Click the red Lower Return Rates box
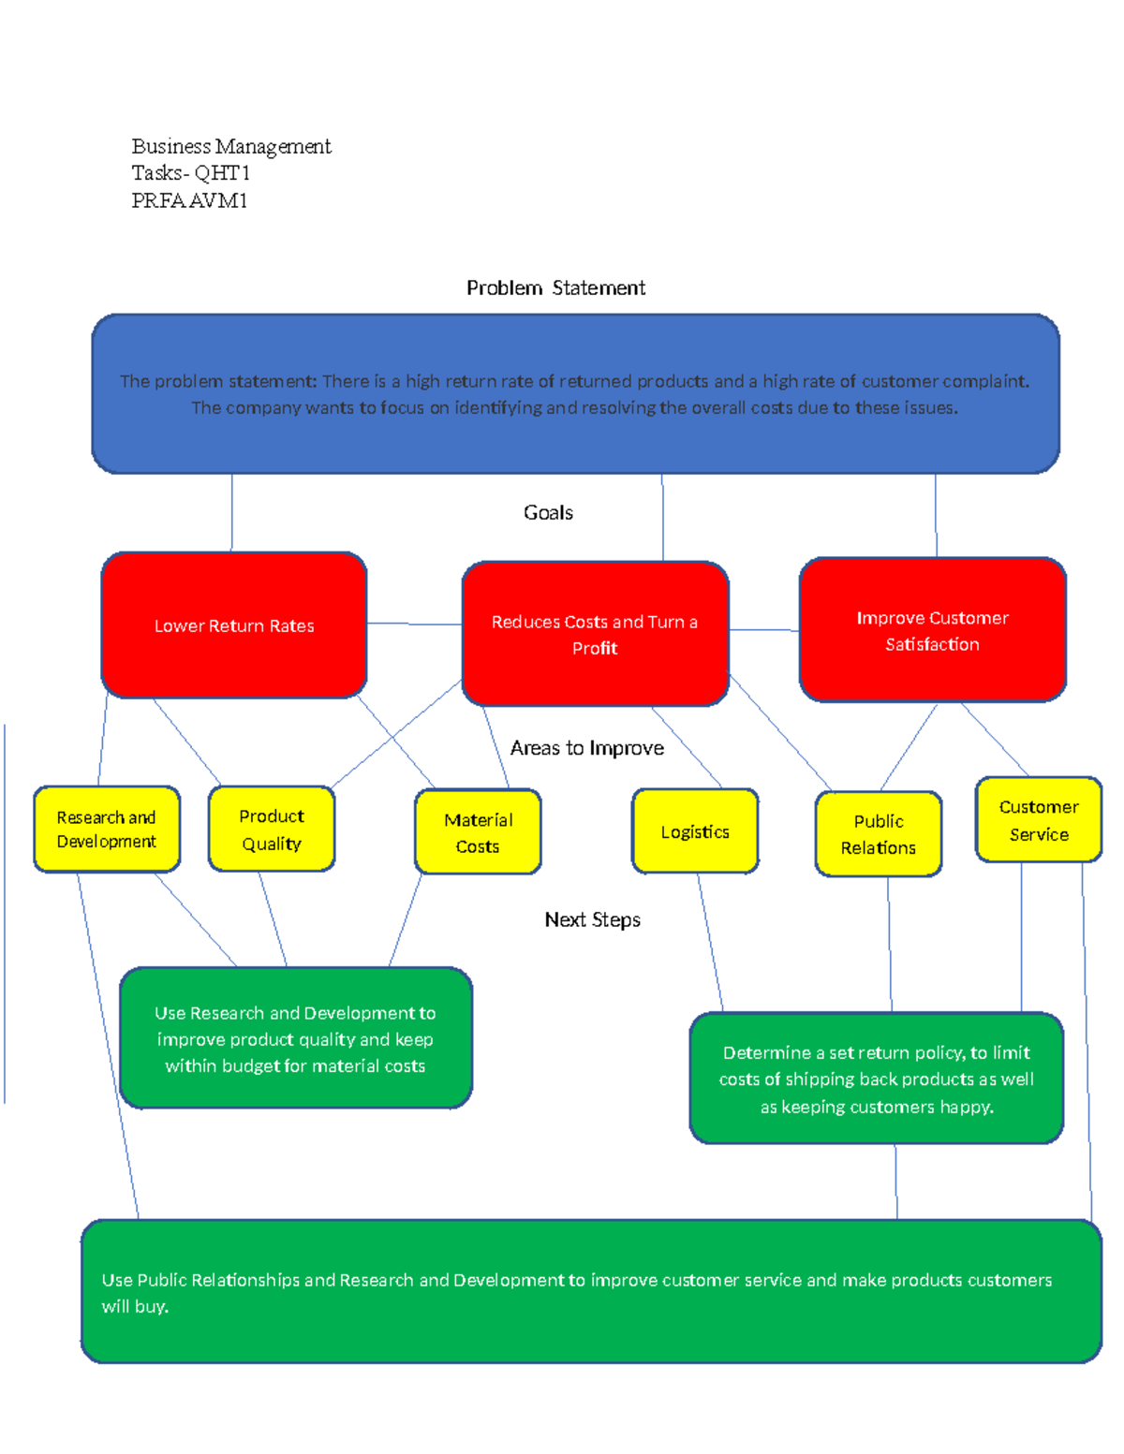click(233, 625)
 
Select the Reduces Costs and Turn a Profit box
click(595, 634)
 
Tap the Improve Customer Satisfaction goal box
click(932, 630)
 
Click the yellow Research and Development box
click(107, 830)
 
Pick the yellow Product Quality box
click(272, 830)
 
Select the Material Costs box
click(478, 832)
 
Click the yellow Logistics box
click(695, 831)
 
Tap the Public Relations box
click(878, 834)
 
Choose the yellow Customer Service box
click(1038, 820)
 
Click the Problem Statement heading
click(555, 288)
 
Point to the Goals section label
click(548, 512)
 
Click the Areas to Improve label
click(586, 748)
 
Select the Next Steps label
click(592, 919)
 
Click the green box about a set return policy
click(876, 1079)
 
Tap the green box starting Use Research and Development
click(295, 1038)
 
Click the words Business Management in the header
click(230, 146)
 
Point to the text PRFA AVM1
click(189, 200)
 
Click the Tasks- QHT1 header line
click(190, 173)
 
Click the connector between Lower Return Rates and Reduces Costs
click(414, 624)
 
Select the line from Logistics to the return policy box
click(710, 942)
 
